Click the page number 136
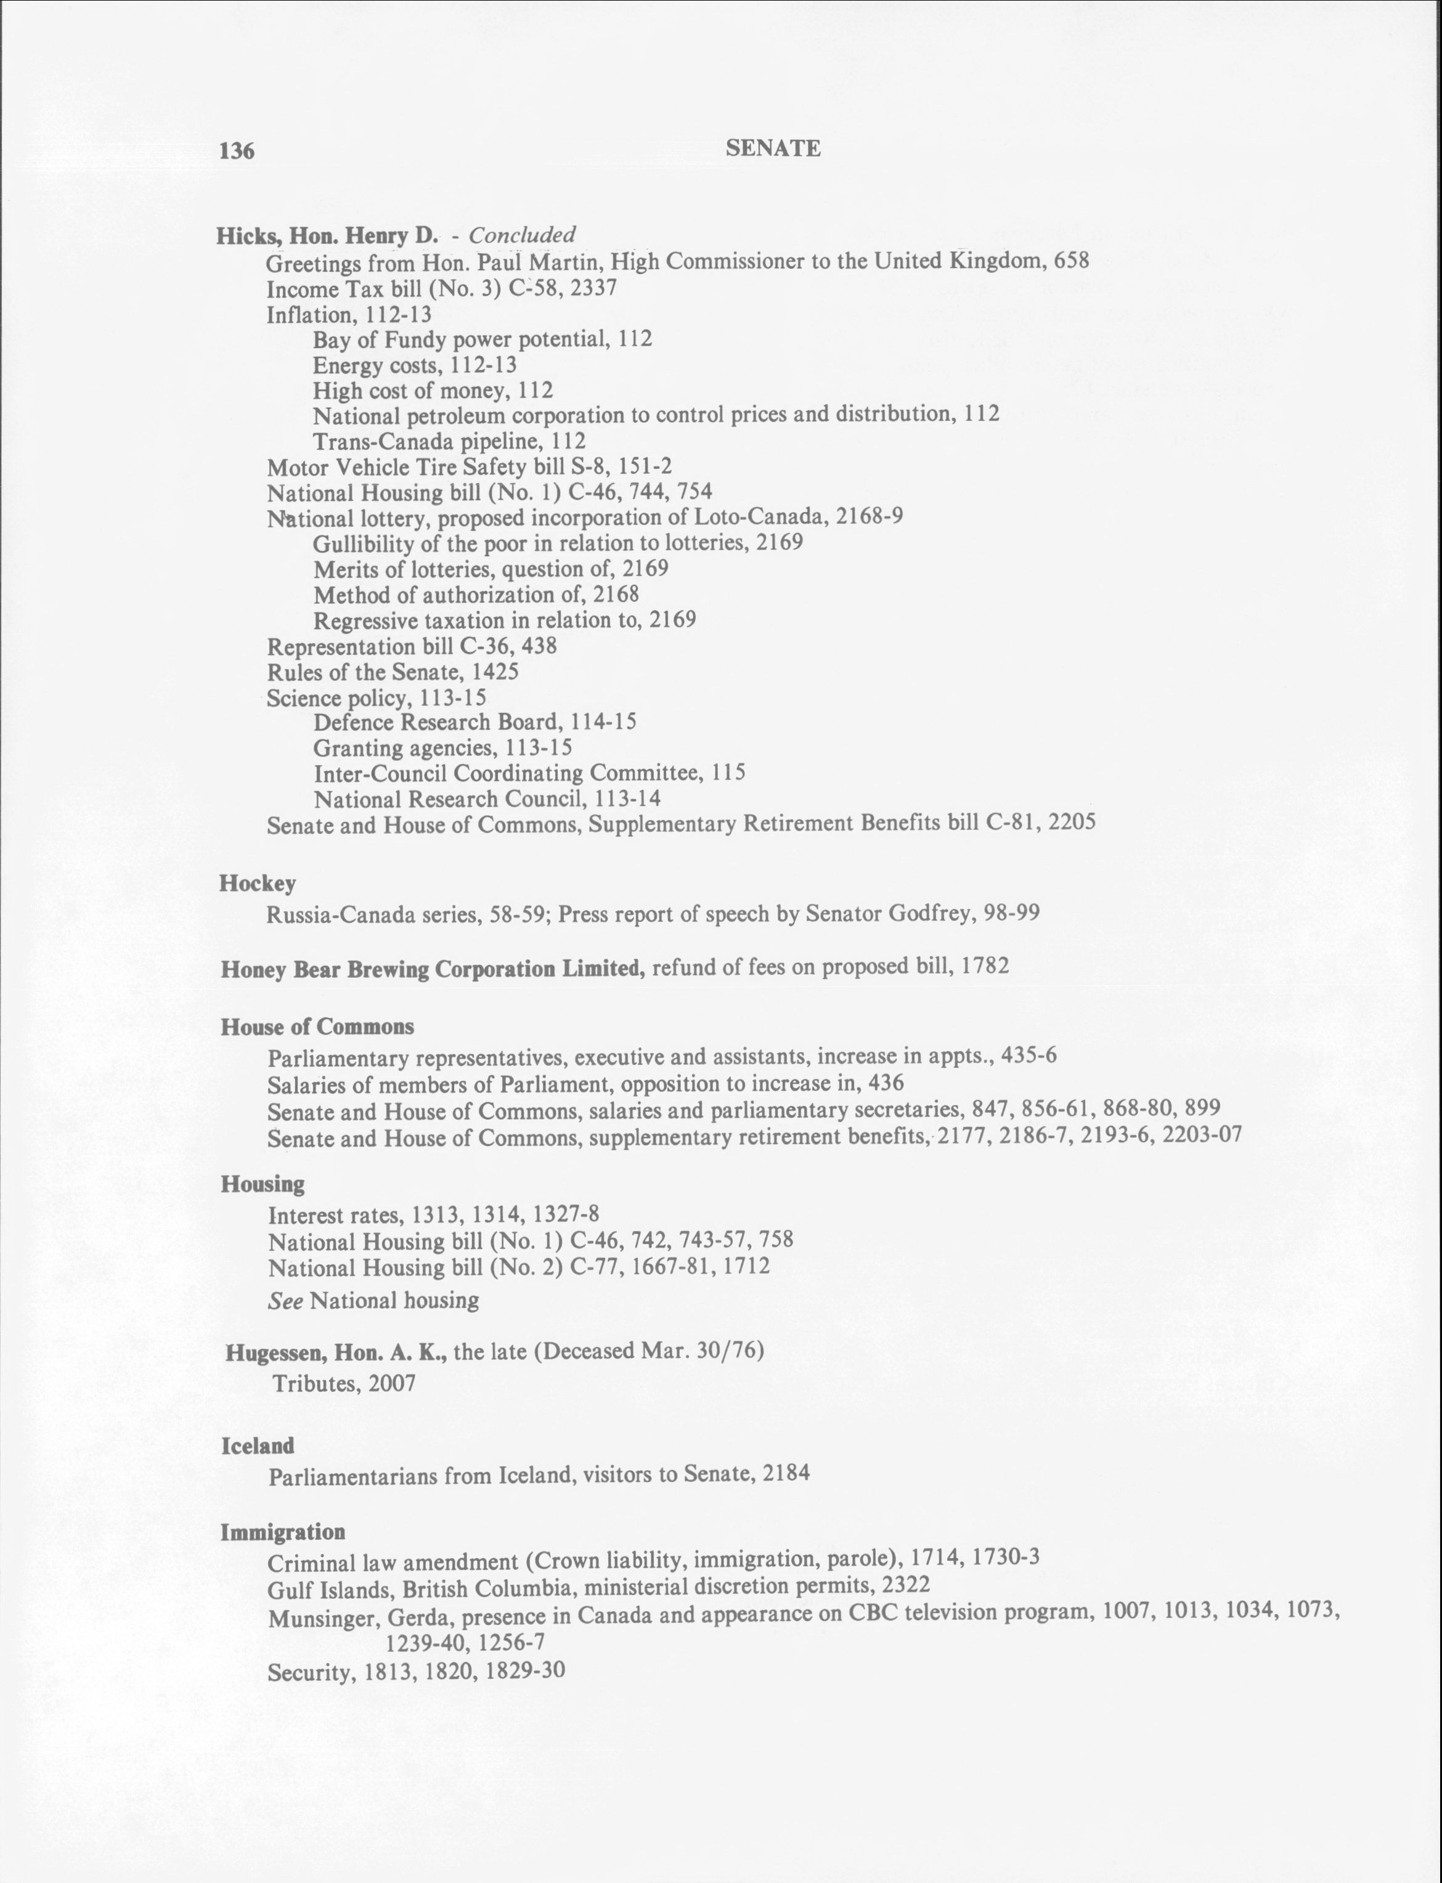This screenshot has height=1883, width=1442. (x=237, y=151)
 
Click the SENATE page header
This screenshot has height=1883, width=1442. (x=773, y=148)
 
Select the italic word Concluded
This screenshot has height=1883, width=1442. (x=522, y=234)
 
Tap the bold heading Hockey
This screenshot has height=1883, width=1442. (x=258, y=883)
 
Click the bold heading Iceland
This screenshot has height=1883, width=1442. (x=258, y=1446)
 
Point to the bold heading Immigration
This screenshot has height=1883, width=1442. (x=283, y=1532)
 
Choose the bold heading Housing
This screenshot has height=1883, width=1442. (x=263, y=1184)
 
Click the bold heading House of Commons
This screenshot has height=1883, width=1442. (x=317, y=1027)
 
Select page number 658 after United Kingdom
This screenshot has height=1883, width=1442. (x=1071, y=260)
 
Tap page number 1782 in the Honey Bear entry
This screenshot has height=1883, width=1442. (x=985, y=966)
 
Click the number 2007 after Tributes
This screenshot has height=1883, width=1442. (x=393, y=1383)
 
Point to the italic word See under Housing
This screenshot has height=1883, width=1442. (x=285, y=1301)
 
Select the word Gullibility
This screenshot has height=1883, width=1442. (x=364, y=543)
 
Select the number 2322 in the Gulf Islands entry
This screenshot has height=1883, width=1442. (x=905, y=1584)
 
